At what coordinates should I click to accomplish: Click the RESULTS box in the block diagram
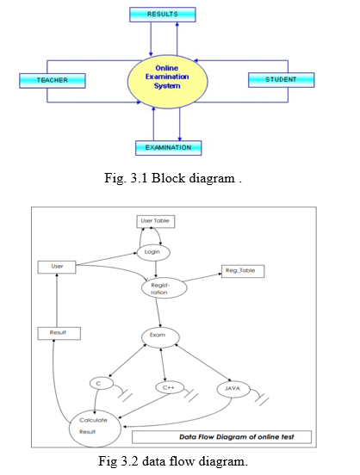163,15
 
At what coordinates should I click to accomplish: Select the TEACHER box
53,81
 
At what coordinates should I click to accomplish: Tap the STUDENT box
281,80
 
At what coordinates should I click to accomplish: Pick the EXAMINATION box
168,148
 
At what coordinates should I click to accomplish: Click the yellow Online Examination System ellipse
167,82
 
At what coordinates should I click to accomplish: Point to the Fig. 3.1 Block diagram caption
173,178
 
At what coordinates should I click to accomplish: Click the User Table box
156,221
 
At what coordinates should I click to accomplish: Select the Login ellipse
153,252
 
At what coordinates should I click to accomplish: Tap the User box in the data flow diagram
57,267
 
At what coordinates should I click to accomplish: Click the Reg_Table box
243,271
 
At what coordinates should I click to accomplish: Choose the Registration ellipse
164,287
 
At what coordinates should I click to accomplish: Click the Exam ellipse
160,337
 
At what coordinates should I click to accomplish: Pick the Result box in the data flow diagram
59,333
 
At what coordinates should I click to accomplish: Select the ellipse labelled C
102,384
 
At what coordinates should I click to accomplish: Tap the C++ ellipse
170,388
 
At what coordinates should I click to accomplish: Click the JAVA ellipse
233,389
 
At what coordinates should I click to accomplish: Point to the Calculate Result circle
95,429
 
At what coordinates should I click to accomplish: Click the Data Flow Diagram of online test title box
221,437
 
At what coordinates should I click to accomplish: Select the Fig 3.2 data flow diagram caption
173,461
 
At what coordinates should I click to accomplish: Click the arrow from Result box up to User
57,300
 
